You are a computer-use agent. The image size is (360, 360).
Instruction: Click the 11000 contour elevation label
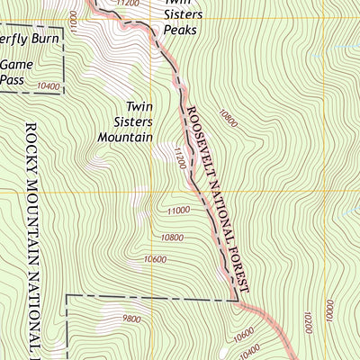click(x=178, y=210)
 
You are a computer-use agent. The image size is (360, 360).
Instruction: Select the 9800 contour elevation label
click(x=132, y=319)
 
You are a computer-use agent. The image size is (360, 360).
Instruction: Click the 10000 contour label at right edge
click(x=329, y=316)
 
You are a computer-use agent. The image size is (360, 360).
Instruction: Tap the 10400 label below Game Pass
click(x=49, y=87)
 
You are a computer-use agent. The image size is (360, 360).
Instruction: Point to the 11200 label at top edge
click(x=128, y=4)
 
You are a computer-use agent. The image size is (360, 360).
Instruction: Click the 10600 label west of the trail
click(x=155, y=260)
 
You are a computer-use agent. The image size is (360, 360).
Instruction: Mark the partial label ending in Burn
click(x=22, y=40)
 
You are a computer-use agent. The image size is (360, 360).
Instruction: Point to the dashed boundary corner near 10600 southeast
click(x=238, y=297)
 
